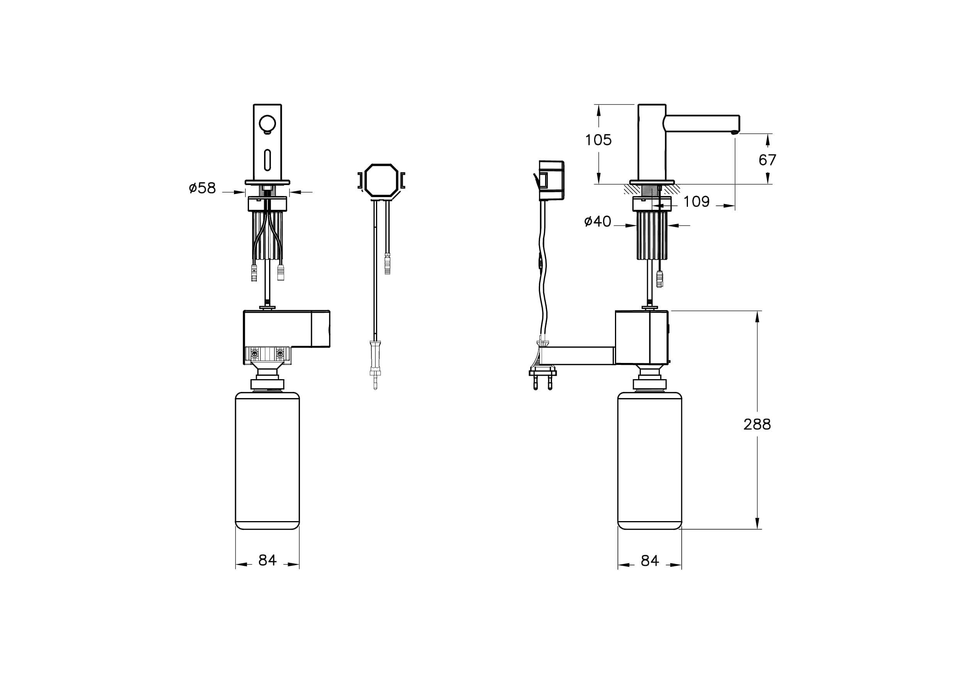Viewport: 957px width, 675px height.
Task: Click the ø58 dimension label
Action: [202, 188]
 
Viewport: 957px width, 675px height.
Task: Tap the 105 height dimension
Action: [598, 140]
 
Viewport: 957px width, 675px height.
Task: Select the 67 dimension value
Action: [767, 160]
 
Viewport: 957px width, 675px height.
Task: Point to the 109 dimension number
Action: [696, 202]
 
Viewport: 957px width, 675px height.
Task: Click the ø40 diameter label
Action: [598, 221]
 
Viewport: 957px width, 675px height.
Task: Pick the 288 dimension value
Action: [757, 424]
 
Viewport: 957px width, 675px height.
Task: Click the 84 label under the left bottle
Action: [267, 560]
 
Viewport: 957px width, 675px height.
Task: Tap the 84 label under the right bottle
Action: [650, 561]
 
